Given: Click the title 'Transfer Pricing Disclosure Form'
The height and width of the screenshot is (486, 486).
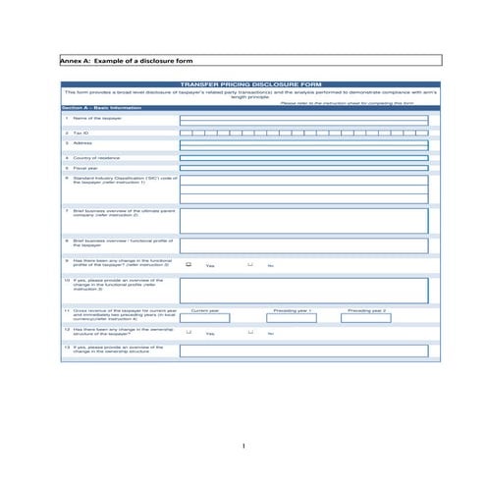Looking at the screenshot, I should tap(250, 85).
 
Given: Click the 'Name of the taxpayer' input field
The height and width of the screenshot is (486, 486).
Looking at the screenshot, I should tap(303, 119).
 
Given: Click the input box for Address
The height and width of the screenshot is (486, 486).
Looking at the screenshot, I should tap(303, 144).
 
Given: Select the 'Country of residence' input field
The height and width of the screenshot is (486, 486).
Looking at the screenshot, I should tap(303, 156).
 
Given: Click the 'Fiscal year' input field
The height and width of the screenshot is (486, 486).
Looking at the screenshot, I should tap(303, 167).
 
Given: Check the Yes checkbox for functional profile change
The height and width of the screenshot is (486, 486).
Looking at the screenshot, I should tap(189, 264).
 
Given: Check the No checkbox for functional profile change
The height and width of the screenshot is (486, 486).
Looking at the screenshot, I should tap(249, 264).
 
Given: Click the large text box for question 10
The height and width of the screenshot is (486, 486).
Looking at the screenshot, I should tap(303, 290).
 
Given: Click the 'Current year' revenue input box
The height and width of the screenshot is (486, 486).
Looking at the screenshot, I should tap(204, 318).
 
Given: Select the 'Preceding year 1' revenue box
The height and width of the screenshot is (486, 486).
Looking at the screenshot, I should tap(292, 318).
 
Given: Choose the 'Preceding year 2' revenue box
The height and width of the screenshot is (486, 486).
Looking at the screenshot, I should tap(365, 318).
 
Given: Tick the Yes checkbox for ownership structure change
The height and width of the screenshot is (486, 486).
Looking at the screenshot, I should tap(189, 332).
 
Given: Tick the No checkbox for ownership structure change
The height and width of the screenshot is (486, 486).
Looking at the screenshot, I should tap(249, 332).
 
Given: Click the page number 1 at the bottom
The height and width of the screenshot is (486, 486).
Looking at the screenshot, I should tap(243, 447).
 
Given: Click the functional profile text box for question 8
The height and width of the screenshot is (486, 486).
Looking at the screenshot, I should tap(303, 245).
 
